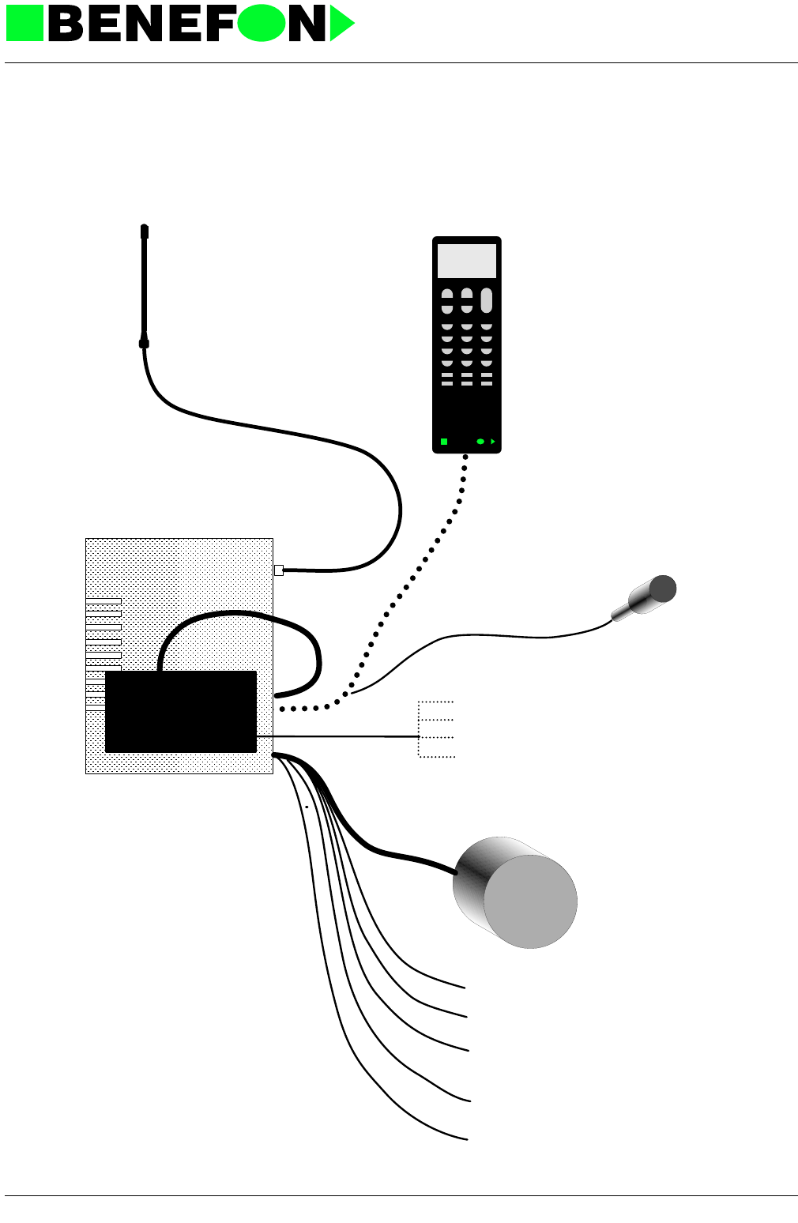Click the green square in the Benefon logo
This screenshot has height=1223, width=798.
click(24, 23)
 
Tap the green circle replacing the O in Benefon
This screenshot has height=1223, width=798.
click(261, 23)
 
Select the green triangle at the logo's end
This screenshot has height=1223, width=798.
click(341, 24)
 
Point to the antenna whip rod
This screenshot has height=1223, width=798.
click(145, 284)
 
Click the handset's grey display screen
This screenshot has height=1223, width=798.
click(467, 261)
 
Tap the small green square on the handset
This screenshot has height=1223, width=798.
click(444, 442)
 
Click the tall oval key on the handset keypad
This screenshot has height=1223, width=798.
click(487, 300)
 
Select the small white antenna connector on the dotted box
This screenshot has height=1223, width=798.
click(278, 570)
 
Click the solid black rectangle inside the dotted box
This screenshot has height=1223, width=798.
click(181, 712)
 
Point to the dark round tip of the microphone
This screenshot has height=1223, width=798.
click(663, 589)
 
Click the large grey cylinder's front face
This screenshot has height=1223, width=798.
click(530, 901)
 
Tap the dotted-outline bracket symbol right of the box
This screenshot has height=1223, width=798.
click(435, 729)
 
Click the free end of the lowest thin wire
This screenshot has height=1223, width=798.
click(466, 1138)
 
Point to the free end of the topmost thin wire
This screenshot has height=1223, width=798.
click(463, 987)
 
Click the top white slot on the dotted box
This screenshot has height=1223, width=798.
click(104, 602)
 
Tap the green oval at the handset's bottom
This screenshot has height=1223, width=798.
click(480, 442)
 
